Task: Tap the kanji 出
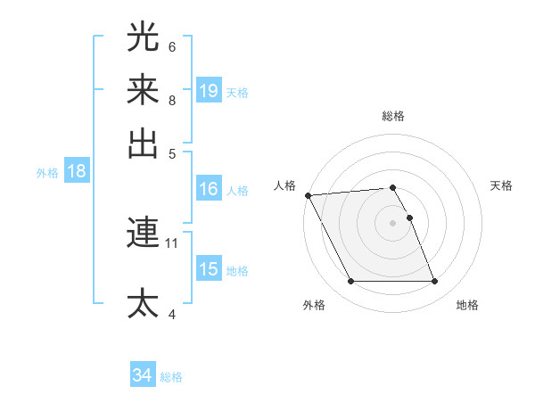pyautogui.click(x=144, y=143)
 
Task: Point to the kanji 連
pyautogui.click(x=144, y=233)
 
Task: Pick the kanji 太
pyautogui.click(x=144, y=303)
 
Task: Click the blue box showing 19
pyautogui.click(x=209, y=90)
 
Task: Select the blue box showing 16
pyautogui.click(x=209, y=189)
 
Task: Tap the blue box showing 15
pyautogui.click(x=209, y=269)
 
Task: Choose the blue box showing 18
pyautogui.click(x=77, y=172)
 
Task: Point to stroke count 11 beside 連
pyautogui.click(x=172, y=242)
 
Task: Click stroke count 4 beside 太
pyautogui.click(x=172, y=314)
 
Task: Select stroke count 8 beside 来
pyautogui.click(x=172, y=100)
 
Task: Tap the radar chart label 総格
pyautogui.click(x=393, y=116)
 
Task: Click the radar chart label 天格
pyautogui.click(x=501, y=185)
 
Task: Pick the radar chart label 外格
pyautogui.click(x=314, y=305)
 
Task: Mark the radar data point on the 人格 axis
pyautogui.click(x=308, y=195)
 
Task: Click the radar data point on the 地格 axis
pyautogui.click(x=435, y=282)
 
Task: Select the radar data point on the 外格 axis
pyautogui.click(x=351, y=282)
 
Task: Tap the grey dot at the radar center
pyautogui.click(x=393, y=223)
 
